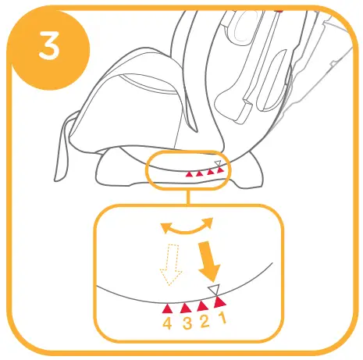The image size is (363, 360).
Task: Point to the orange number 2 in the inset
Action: click(204, 320)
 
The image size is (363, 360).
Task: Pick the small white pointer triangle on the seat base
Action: click(219, 163)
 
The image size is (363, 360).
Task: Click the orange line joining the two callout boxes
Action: click(187, 195)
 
